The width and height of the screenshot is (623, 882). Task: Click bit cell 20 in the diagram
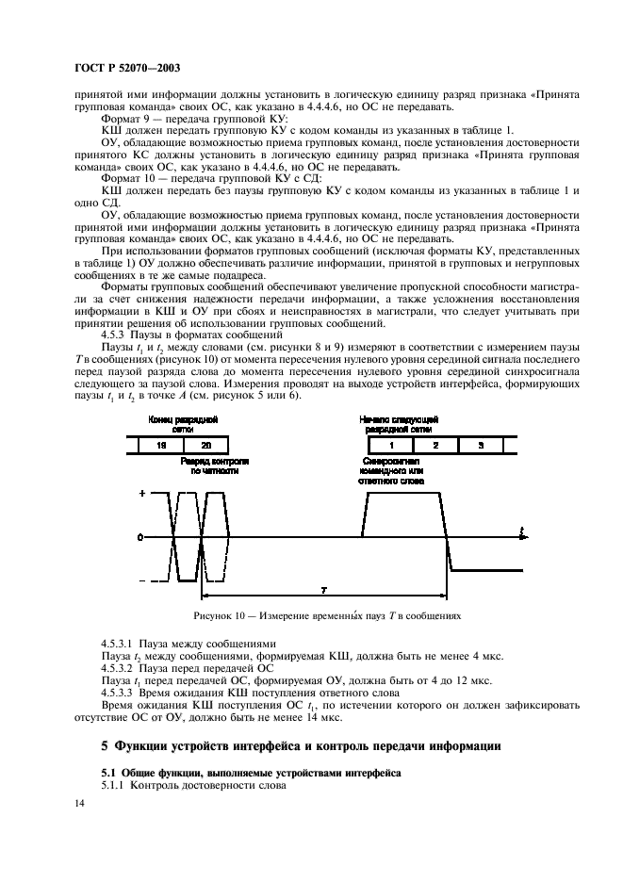point(206,443)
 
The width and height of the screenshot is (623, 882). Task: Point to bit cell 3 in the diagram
point(481,443)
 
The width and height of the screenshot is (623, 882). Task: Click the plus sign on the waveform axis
point(141,494)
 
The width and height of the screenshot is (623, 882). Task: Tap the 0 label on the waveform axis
point(141,537)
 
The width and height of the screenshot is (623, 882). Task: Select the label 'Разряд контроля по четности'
point(216,465)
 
